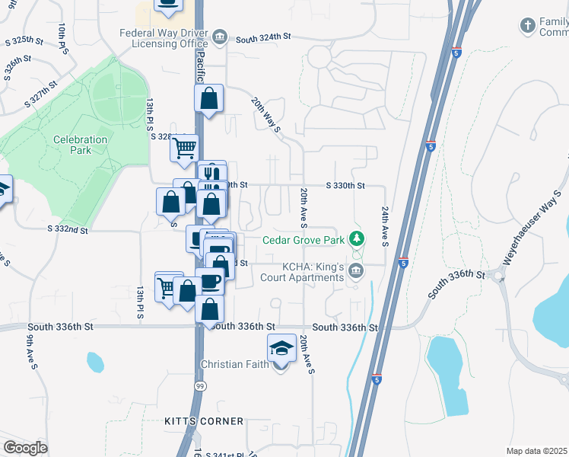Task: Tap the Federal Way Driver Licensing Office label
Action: pyautogui.click(x=164, y=38)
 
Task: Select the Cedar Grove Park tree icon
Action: pyautogui.click(x=355, y=240)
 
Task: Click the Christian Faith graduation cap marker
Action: pyautogui.click(x=281, y=349)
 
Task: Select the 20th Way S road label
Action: pyautogui.click(x=267, y=115)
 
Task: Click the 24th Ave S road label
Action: pyautogui.click(x=386, y=226)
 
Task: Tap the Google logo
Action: pyautogui.click(x=25, y=448)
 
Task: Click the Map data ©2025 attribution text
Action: pyautogui.click(x=536, y=451)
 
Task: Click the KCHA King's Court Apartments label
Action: pyautogui.click(x=313, y=272)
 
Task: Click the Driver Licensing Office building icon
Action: pyautogui.click(x=220, y=36)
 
